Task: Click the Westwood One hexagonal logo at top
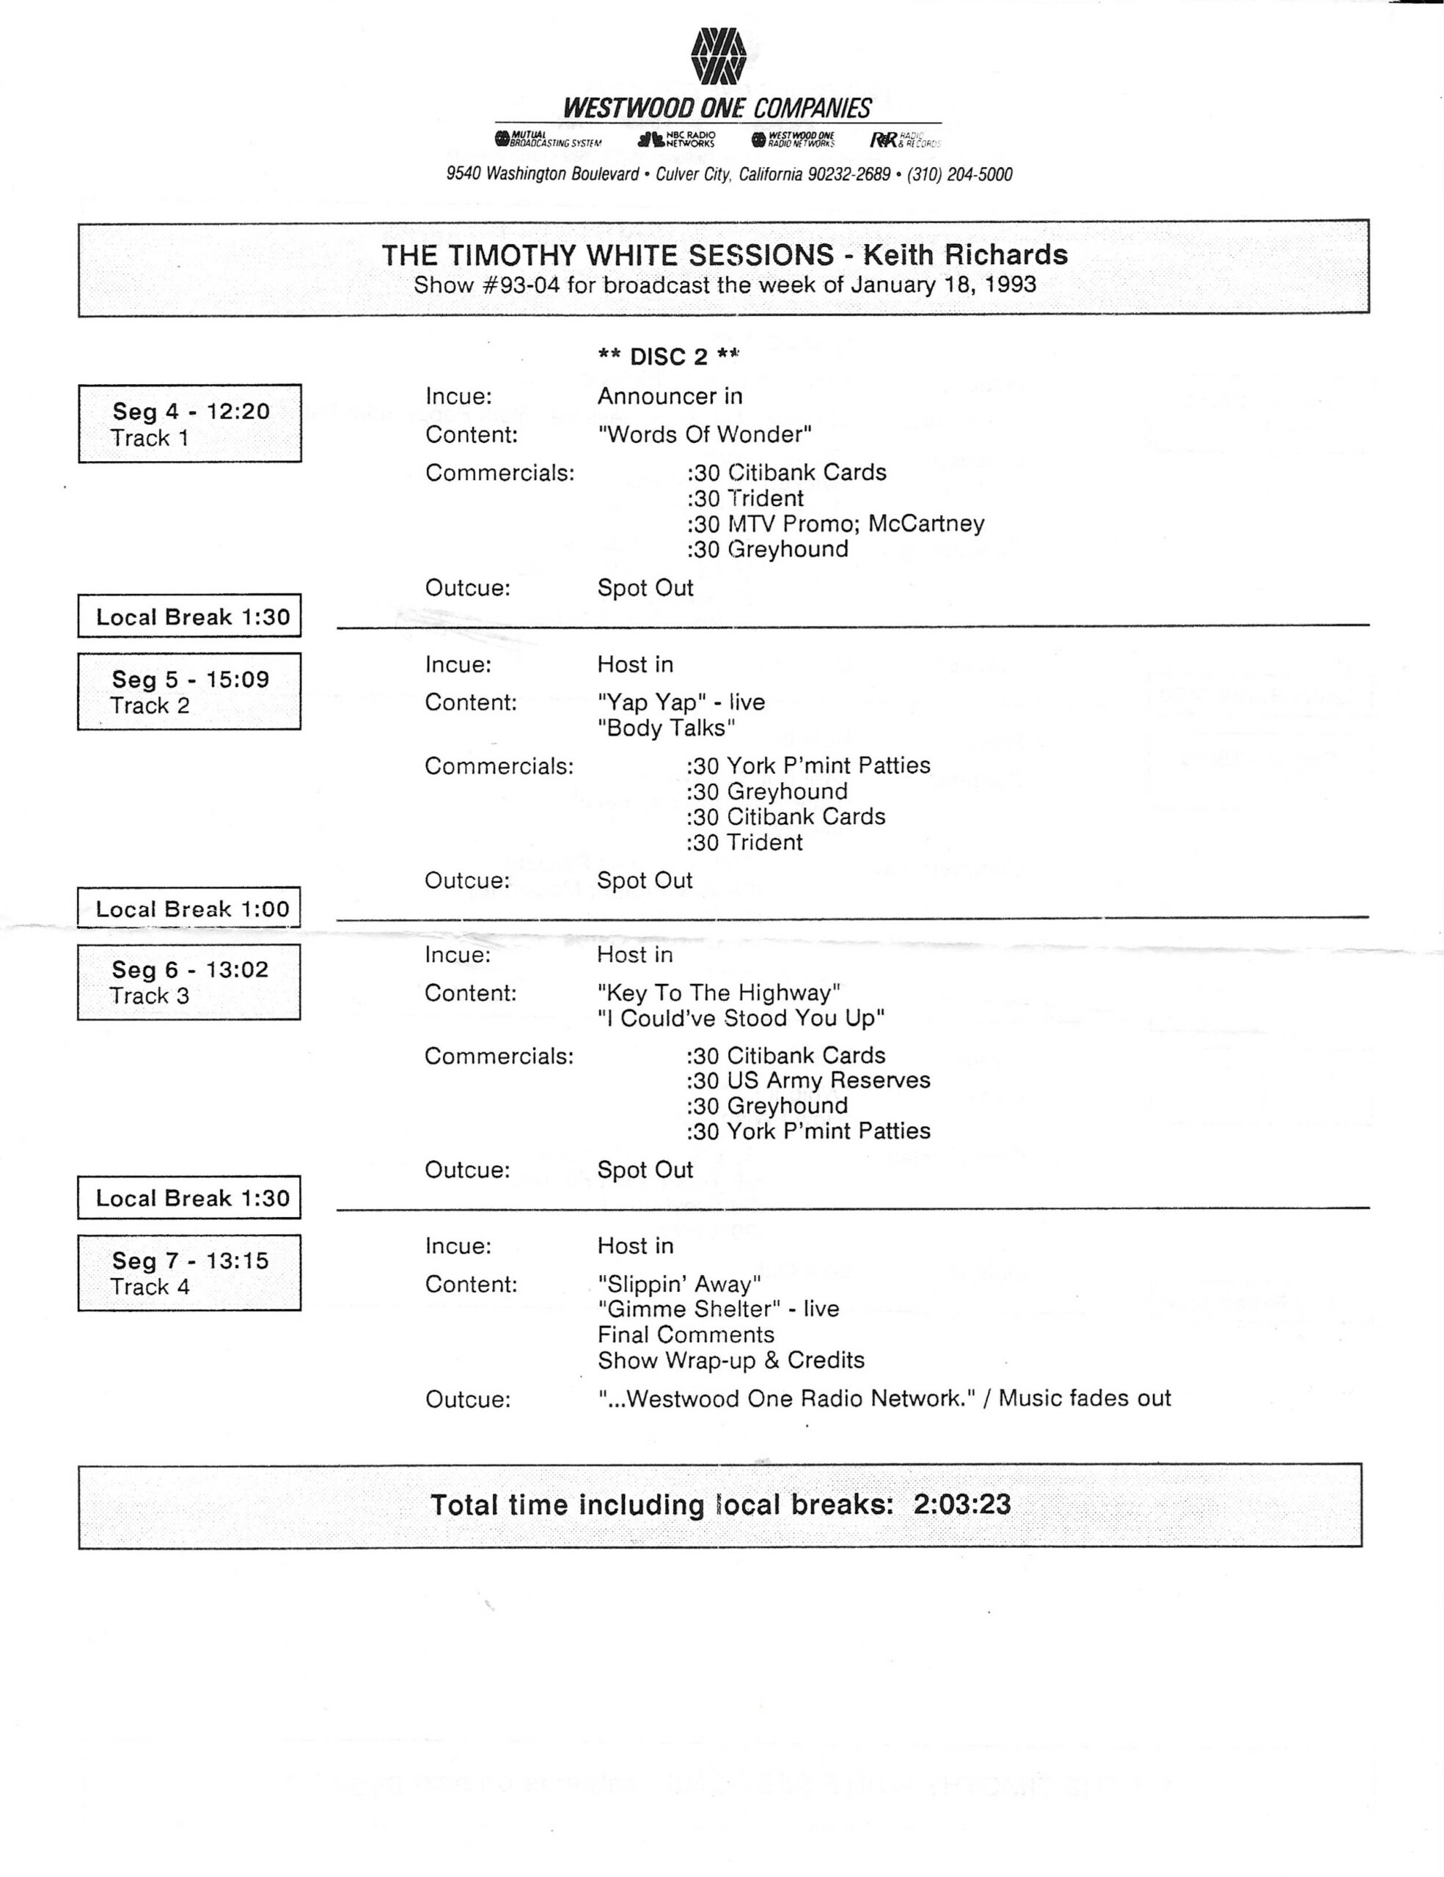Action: pos(718,56)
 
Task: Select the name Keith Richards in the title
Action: pos(965,255)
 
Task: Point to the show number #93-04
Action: pos(521,284)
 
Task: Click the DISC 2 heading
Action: pos(669,356)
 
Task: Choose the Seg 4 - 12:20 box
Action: pos(190,424)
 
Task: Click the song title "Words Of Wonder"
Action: pos(705,434)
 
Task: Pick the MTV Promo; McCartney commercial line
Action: pos(835,524)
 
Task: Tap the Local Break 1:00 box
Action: pos(190,908)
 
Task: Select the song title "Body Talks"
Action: pos(667,728)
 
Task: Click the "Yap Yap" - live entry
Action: pos(681,702)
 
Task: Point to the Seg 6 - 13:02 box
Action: pos(190,982)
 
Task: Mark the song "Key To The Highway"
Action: pos(719,993)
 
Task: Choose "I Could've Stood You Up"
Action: pos(741,1018)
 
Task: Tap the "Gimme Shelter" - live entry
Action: pos(719,1309)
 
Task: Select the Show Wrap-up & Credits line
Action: pos(730,1361)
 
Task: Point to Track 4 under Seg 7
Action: pos(150,1287)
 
